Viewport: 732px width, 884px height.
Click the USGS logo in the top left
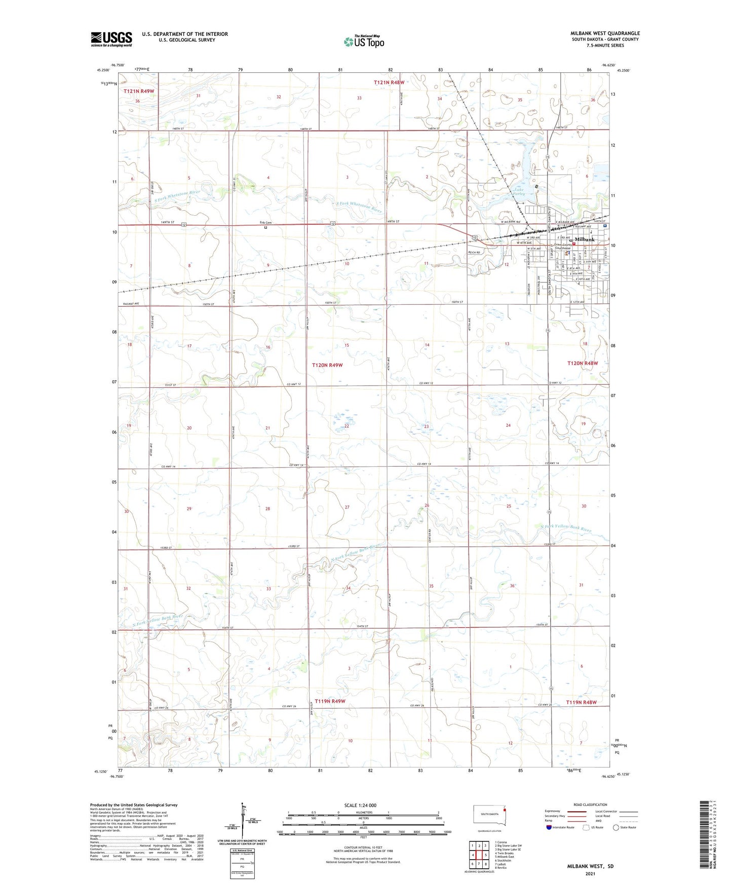coord(111,39)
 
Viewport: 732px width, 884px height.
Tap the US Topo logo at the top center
coord(364,41)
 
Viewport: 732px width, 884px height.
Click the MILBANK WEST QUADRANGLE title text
coord(605,33)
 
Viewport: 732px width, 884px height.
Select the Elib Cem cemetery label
coord(265,223)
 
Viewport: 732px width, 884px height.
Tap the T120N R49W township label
coord(327,365)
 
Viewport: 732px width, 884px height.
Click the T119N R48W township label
coord(581,702)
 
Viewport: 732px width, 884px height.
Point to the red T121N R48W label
coord(389,82)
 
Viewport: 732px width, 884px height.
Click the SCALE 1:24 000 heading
coord(360,806)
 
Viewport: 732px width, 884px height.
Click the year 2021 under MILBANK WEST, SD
coord(590,873)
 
